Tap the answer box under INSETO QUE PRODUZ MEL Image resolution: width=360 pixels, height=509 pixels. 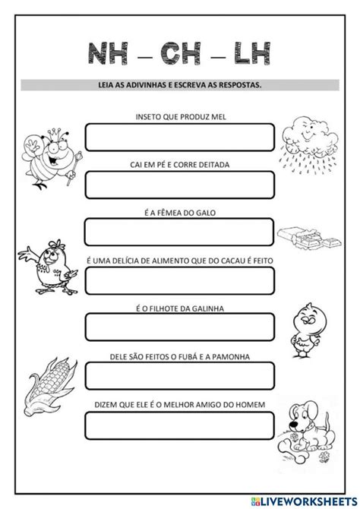[x=178, y=138]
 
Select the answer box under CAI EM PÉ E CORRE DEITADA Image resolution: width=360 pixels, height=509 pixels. [x=178, y=185]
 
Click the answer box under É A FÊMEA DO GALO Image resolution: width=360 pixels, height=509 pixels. [x=178, y=232]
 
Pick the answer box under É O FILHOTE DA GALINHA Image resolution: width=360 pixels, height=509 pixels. [x=178, y=326]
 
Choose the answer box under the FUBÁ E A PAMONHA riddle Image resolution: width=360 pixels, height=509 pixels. [x=178, y=375]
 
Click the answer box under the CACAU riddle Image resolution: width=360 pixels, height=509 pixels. [x=178, y=280]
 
